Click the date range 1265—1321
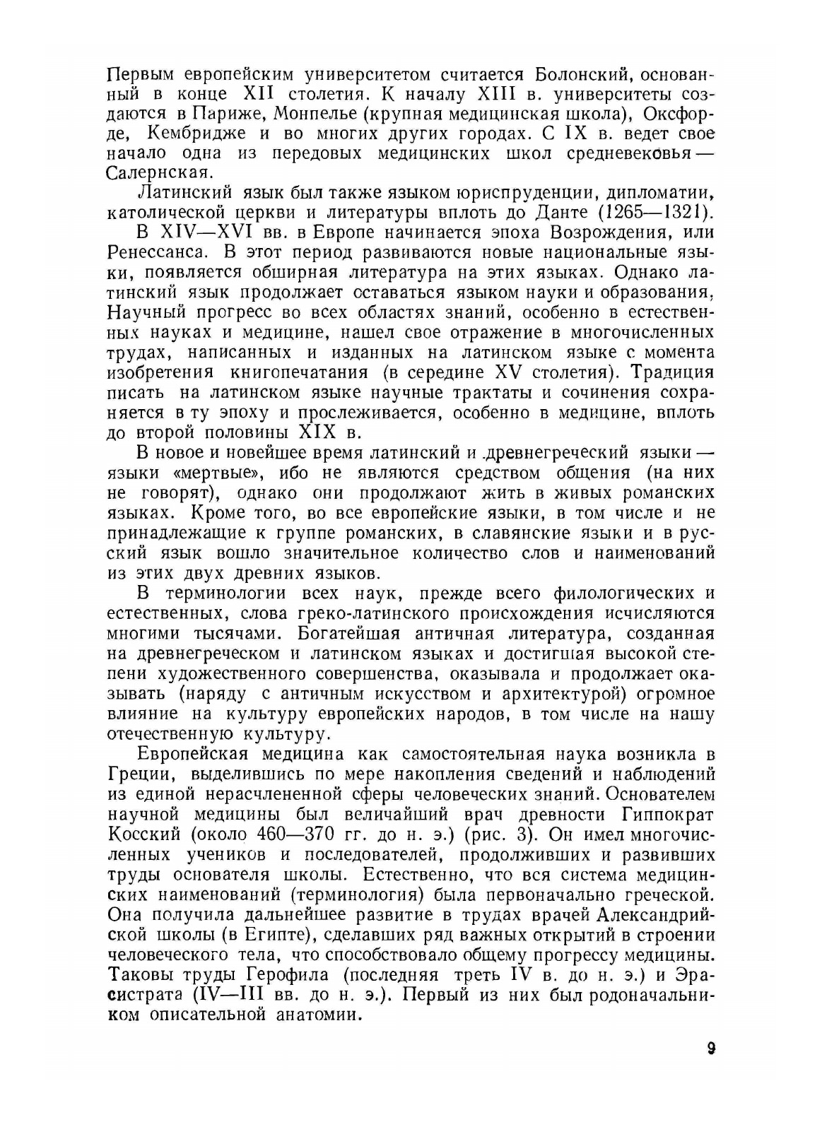pyautogui.click(x=650, y=211)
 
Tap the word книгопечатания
pyautogui.click(x=310, y=372)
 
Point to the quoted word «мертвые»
pyautogui.click(x=220, y=472)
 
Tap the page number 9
pyautogui.click(x=710, y=1048)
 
